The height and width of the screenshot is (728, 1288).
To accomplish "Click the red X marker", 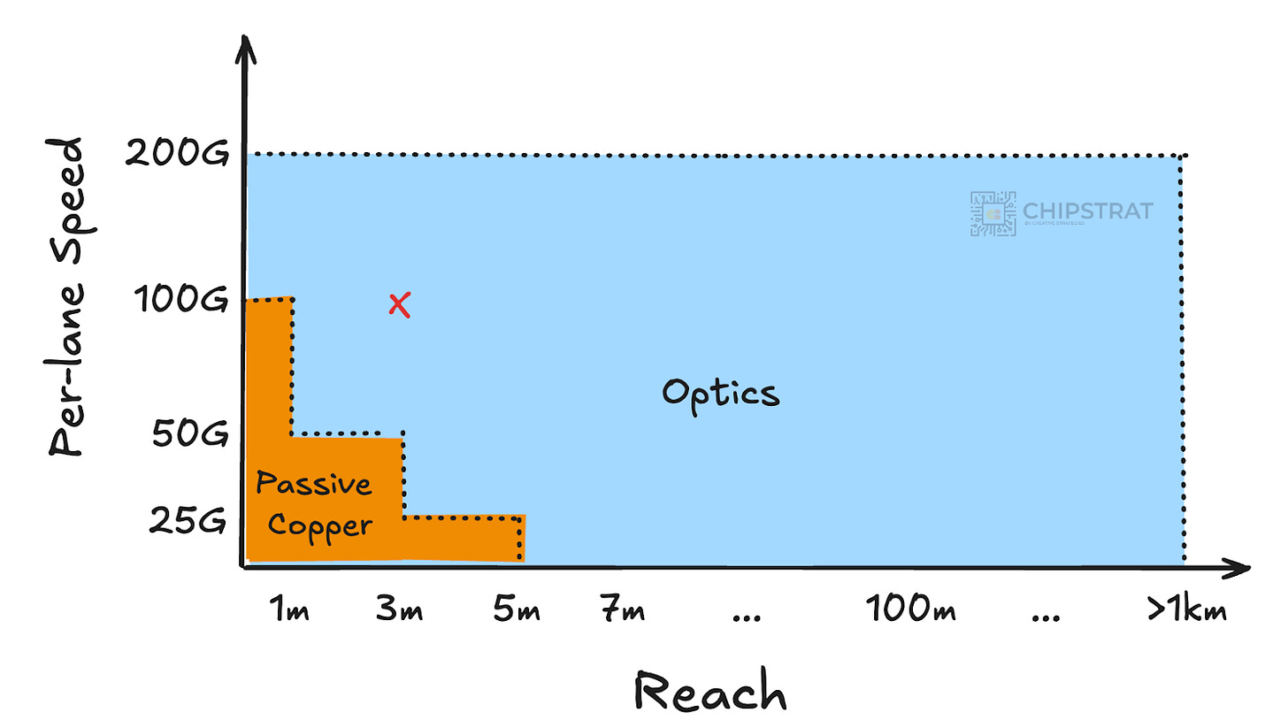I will (x=400, y=306).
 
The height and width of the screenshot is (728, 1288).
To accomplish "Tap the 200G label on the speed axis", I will (x=176, y=155).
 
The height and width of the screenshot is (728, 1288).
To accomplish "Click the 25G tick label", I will (x=188, y=522).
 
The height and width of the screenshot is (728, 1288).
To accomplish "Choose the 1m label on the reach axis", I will (x=288, y=610).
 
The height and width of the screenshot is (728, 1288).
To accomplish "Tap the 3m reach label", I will (x=398, y=610).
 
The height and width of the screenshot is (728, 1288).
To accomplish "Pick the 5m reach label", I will (x=517, y=610).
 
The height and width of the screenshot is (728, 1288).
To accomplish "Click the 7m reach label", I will (x=622, y=610).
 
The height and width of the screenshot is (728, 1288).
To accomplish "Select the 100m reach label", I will (x=910, y=609).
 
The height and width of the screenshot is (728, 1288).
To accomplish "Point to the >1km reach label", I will (x=1185, y=610).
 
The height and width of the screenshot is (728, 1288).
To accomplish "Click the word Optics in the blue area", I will (x=721, y=392).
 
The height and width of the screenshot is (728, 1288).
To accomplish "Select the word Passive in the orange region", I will (x=314, y=485).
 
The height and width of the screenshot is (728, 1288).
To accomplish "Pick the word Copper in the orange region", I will (x=320, y=525).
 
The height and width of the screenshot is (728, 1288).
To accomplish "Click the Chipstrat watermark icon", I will (x=993, y=213).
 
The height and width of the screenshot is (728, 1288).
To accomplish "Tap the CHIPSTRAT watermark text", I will (x=1087, y=211).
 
